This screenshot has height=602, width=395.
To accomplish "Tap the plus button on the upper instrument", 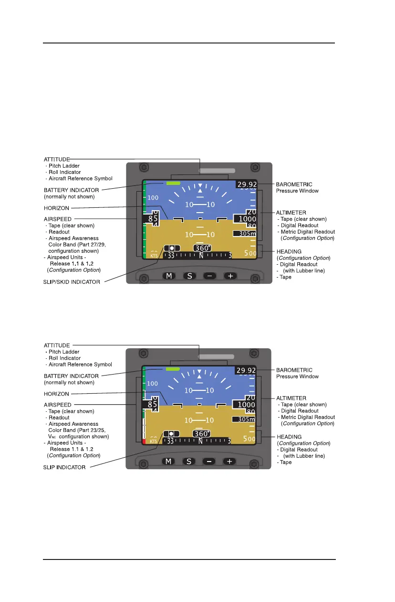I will [230, 276].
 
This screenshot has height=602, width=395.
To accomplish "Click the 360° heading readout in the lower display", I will [202, 434].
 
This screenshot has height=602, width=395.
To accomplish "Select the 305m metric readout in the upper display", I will [245, 234].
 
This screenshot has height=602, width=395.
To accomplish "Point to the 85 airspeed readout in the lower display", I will [153, 404].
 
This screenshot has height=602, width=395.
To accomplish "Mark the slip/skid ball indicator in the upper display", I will [171, 248].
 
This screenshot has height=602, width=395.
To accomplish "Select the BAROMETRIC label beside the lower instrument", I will [294, 370].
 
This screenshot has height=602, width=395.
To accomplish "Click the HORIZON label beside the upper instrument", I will [57, 208].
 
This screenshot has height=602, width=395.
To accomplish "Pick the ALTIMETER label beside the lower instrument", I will [291, 398].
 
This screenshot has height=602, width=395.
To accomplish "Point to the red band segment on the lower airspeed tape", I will [144, 442].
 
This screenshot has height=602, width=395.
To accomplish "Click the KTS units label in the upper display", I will [154, 256].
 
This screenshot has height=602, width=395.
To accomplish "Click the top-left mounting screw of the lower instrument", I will [142, 354].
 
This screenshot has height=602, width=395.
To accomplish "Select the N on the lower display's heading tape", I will [201, 441].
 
